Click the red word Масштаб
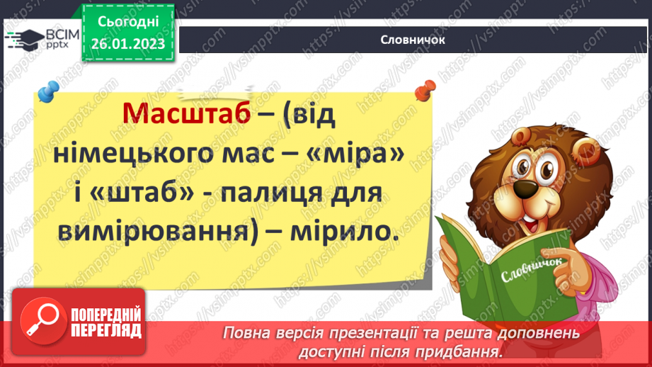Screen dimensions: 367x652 pos(186,114)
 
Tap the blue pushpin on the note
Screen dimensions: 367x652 pos(48,91)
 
